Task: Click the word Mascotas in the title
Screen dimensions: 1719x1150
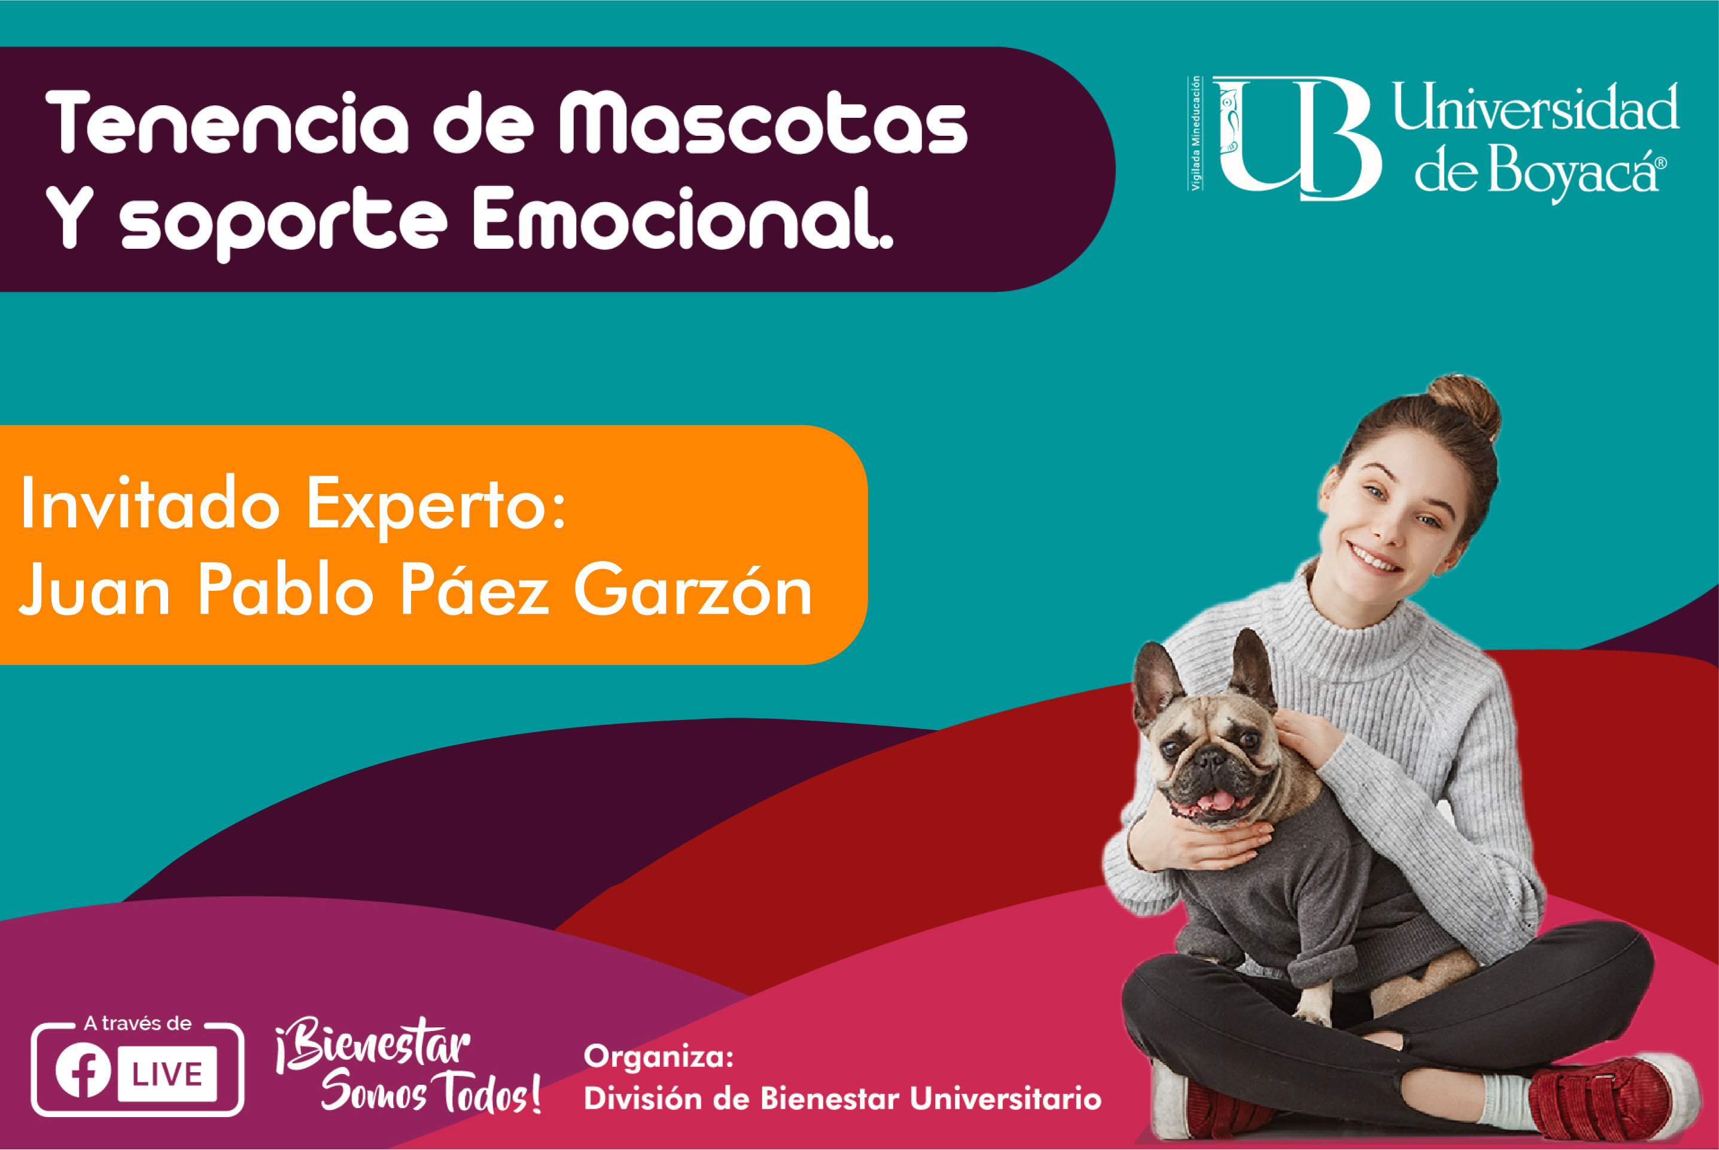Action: (x=763, y=123)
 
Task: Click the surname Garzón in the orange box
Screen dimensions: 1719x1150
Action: (x=693, y=589)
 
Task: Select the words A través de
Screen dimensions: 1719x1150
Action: (x=138, y=1023)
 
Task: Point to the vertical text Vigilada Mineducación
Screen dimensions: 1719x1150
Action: (x=1196, y=133)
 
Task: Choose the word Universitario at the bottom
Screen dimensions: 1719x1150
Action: (x=1005, y=1099)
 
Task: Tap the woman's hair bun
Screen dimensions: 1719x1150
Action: (x=1463, y=405)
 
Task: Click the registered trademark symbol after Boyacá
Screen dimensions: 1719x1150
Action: (x=1661, y=163)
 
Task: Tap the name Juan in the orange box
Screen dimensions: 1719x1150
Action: (x=95, y=589)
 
